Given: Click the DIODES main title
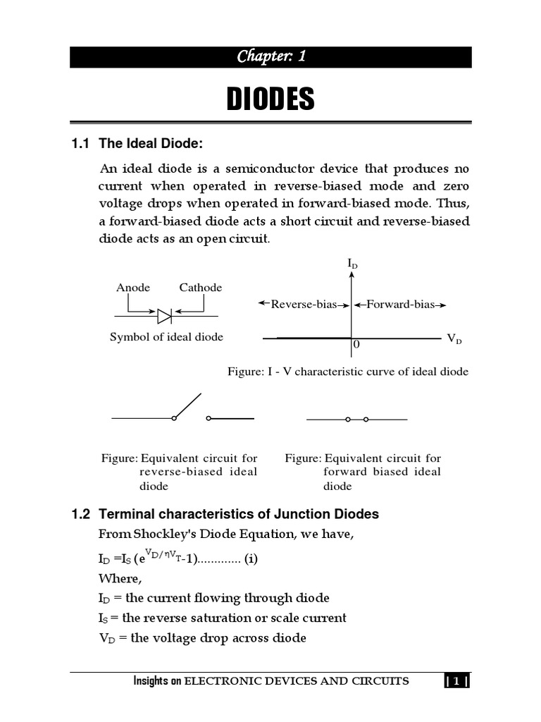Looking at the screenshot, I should click(270, 99).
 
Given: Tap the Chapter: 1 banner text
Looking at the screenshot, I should click(270, 57).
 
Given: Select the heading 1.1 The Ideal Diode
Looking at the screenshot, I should click(137, 144).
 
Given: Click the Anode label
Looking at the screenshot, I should click(133, 288).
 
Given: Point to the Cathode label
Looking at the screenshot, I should click(200, 288).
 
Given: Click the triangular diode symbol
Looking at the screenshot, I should click(165, 315).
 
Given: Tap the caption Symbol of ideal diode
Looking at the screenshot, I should click(166, 337).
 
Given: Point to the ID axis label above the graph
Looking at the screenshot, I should click(352, 264).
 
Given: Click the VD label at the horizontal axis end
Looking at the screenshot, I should click(454, 339).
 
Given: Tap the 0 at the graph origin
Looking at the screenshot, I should click(356, 345).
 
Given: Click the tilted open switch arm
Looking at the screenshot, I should click(188, 405).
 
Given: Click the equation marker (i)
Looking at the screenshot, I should click(251, 560).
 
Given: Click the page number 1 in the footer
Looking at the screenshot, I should click(456, 681).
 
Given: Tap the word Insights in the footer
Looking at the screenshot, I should click(153, 681).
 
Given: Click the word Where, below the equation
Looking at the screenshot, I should click(120, 579).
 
